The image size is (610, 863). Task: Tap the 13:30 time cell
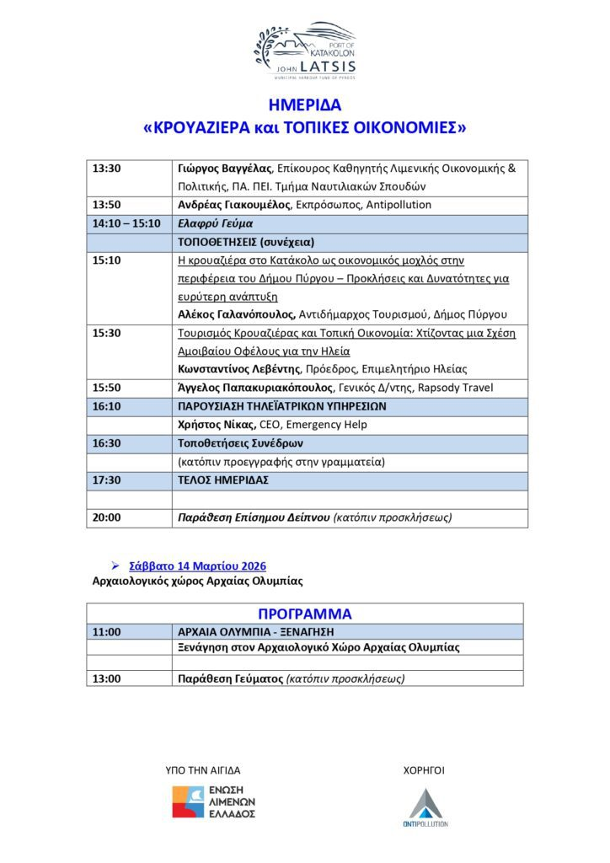tap(107, 168)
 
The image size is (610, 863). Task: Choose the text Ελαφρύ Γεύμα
tap(215, 224)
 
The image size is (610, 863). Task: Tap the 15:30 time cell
tap(107, 333)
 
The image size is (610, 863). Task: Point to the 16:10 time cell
tap(107, 406)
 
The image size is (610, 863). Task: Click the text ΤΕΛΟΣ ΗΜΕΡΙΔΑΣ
tap(223, 480)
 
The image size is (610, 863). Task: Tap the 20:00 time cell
tap(107, 517)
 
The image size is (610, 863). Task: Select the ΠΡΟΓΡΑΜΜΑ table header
tap(304, 614)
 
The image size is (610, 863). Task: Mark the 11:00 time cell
tap(107, 632)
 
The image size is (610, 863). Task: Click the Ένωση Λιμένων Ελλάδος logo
tap(214, 801)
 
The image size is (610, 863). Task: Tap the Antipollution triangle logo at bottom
tap(426, 807)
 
